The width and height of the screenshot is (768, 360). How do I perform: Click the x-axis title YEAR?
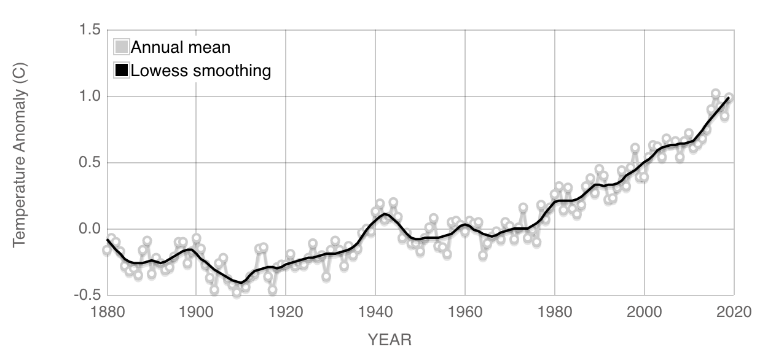pos(390,339)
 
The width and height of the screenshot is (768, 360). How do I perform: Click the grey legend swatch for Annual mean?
pos(122,47)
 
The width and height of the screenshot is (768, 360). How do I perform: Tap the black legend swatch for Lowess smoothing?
pos(122,70)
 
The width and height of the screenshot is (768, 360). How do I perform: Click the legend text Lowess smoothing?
pos(201,70)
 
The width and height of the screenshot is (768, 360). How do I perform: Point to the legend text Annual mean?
pos(181,47)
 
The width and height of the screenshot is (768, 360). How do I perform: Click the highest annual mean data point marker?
pos(715,94)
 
